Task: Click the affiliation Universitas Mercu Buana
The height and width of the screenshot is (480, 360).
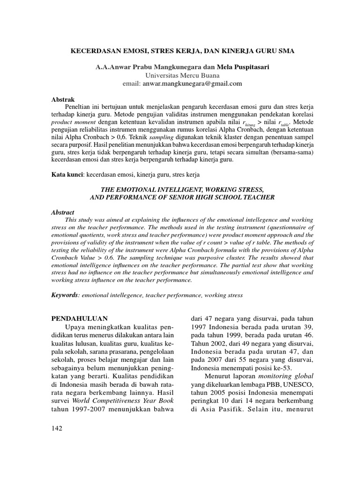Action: tap(180, 75)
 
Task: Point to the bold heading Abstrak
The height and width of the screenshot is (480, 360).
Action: tap(62, 99)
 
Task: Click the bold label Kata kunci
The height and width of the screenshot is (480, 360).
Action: tap(67, 174)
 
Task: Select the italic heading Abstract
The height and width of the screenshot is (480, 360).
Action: tap(62, 212)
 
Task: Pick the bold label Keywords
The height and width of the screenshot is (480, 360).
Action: tap(65, 295)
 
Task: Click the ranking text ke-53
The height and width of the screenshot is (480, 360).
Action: tap(281, 368)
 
